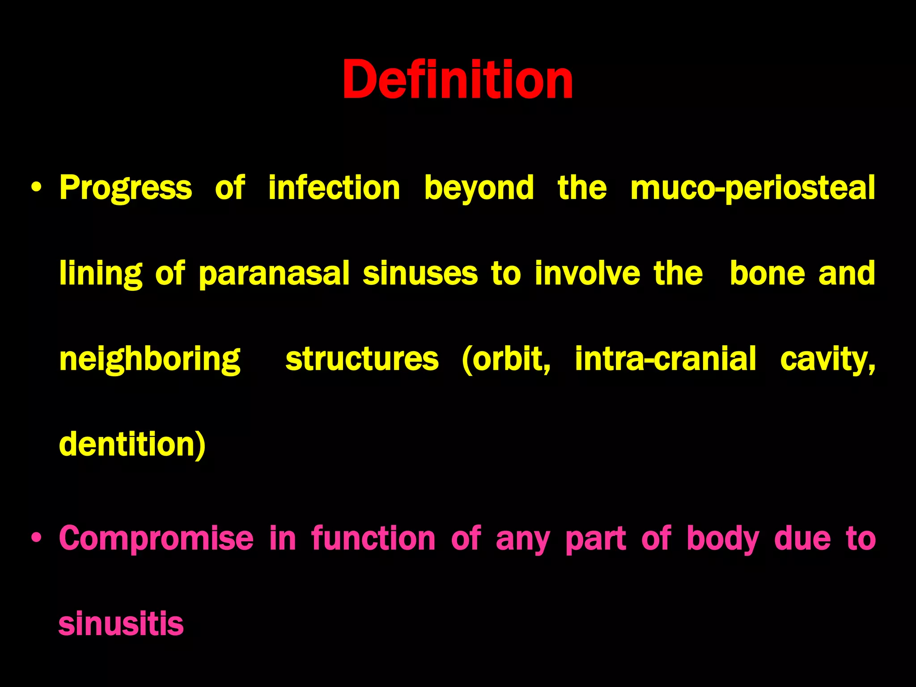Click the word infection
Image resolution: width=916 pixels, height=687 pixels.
334,188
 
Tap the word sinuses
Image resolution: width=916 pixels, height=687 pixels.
420,273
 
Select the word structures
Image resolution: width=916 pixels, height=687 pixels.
362,359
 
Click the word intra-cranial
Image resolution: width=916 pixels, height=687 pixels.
666,359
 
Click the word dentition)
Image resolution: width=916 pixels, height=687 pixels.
132,445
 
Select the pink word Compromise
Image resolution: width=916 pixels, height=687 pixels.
156,538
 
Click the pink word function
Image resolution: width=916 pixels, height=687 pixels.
373,538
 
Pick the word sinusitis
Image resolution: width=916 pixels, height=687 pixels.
121,624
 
